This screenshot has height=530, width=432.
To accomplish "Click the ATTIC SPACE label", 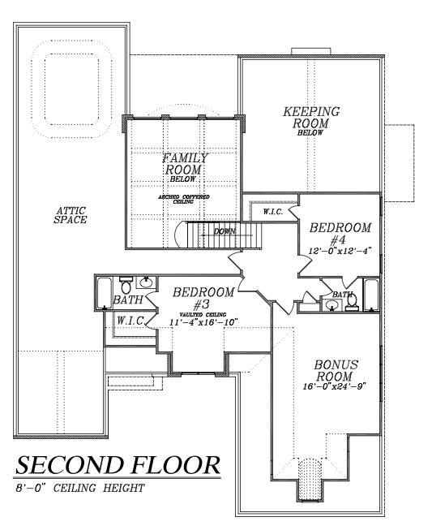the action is (x=71, y=215).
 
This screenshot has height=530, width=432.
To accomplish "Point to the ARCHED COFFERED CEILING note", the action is (x=184, y=199).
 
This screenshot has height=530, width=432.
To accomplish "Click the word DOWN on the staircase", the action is (x=225, y=231).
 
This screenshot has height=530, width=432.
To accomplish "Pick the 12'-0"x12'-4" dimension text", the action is (x=340, y=251).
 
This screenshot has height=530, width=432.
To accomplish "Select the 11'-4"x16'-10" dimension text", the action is (x=203, y=322).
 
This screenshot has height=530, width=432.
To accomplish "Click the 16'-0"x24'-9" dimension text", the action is (x=334, y=386).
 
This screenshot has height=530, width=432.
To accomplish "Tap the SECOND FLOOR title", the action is (x=118, y=465).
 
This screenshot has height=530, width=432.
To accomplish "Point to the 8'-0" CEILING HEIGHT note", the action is (x=80, y=488).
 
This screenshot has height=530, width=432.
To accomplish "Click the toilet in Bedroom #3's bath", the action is (x=126, y=285).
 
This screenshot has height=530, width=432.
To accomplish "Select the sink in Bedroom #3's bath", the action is (x=146, y=282).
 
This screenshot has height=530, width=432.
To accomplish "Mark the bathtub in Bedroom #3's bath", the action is (x=104, y=293).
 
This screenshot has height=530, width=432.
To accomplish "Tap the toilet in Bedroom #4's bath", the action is (x=352, y=301).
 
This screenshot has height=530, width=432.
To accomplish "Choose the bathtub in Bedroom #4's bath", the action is (x=371, y=295).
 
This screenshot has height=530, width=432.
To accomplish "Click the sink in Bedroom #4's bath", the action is (x=331, y=305).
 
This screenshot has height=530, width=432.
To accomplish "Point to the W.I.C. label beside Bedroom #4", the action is (x=273, y=213).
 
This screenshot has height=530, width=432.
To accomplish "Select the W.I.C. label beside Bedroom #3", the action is (x=130, y=320).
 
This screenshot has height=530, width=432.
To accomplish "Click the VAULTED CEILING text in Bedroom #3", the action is (x=203, y=315).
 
